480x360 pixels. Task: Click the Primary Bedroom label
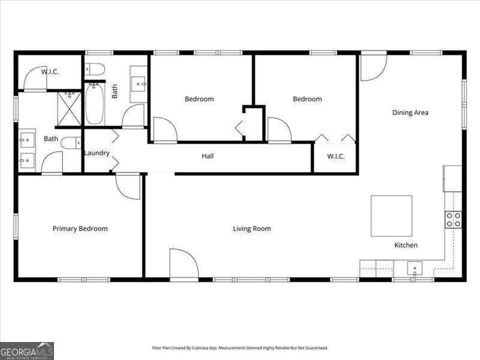click(x=80, y=229)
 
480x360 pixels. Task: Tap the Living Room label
click(x=251, y=229)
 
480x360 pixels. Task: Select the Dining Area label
click(x=410, y=113)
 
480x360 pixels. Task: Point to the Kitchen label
click(x=406, y=245)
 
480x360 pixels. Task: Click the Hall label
click(x=208, y=156)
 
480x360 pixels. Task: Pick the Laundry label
click(x=97, y=153)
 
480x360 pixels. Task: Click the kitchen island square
click(x=392, y=216)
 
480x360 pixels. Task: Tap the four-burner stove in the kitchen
click(x=454, y=220)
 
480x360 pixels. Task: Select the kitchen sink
click(x=415, y=268)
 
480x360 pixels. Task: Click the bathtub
click(x=95, y=104)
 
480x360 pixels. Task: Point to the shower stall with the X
click(x=69, y=109)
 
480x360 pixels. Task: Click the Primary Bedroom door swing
click(x=128, y=186)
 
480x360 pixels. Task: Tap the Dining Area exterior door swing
click(x=374, y=68)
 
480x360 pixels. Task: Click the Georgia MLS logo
click(x=27, y=351)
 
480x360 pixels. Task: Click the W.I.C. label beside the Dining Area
click(x=336, y=157)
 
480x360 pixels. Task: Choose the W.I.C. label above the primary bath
click(x=50, y=72)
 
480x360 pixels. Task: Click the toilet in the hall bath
click(x=95, y=69)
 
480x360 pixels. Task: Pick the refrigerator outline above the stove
click(x=452, y=179)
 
